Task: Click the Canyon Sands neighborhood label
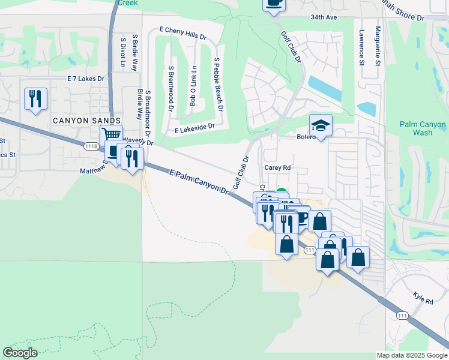(86, 121)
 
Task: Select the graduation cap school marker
(321, 126)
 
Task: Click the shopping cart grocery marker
(111, 136)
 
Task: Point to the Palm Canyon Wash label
(423, 129)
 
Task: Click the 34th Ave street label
(324, 18)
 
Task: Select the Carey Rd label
(277, 168)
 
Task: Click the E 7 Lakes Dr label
(86, 79)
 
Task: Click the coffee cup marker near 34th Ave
(274, 3)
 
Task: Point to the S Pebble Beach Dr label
(218, 85)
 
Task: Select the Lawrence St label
(362, 47)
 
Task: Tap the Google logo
(20, 353)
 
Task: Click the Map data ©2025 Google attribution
(411, 355)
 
